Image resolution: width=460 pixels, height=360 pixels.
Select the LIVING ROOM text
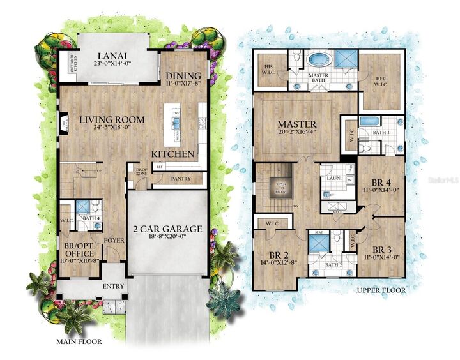pos(112,119)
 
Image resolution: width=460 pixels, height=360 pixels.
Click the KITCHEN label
pos(172,154)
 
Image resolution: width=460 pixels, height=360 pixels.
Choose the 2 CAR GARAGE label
pos(167,229)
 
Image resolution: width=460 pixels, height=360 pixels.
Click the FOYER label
pos(114,241)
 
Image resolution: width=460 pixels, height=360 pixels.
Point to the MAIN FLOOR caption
pos(79,341)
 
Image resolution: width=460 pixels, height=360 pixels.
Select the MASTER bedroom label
pos(297,123)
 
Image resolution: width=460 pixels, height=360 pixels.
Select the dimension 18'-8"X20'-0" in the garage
pos(167,238)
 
